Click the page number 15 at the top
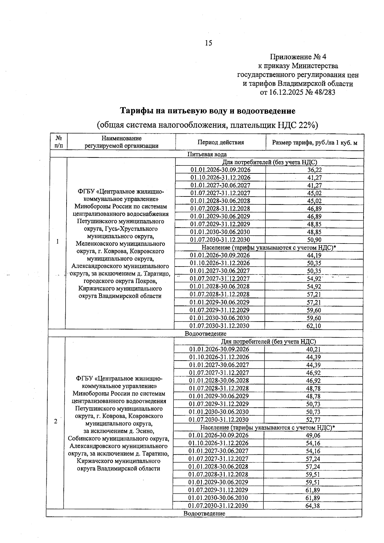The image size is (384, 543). click(x=208, y=43)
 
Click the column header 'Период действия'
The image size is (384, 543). click(x=220, y=142)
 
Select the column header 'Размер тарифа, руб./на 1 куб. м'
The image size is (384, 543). click(x=314, y=142)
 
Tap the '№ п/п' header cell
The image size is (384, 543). click(x=59, y=142)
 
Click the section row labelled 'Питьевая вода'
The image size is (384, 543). click(x=207, y=154)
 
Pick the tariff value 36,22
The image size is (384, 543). click(x=314, y=170)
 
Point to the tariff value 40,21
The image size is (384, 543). click(x=313, y=349)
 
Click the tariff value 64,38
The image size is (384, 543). click(x=312, y=506)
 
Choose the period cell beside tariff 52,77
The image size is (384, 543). click(x=219, y=419)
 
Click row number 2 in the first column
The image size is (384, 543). click(x=56, y=421)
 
